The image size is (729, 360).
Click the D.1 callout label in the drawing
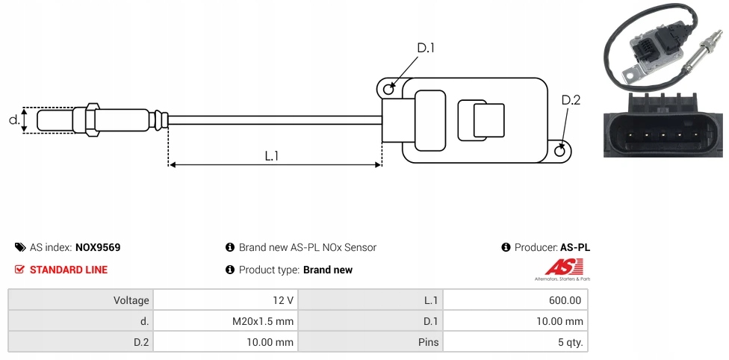(426, 49)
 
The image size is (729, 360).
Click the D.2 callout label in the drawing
(571, 101)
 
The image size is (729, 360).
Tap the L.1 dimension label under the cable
(272, 156)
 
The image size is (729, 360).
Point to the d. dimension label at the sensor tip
(13, 120)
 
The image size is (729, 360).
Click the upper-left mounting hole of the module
(388, 90)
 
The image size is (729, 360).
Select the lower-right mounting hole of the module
(561, 151)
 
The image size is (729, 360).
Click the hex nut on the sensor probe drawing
(92, 120)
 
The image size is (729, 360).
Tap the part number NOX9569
(98, 247)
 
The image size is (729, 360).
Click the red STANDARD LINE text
(69, 270)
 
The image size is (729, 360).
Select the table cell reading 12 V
(283, 300)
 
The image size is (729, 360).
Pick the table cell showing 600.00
(565, 300)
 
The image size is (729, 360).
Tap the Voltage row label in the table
(131, 300)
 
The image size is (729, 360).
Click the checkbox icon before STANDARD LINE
(19, 270)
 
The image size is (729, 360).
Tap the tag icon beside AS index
(19, 247)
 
